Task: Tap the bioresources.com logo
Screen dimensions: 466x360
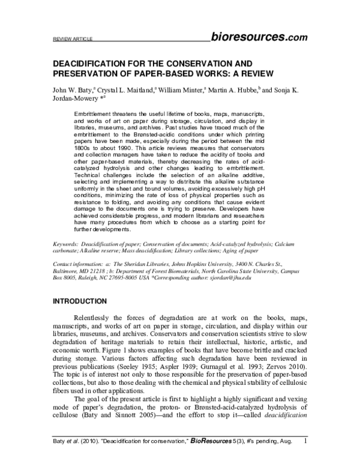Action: coord(259,36)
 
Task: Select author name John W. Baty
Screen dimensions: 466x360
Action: coord(75,91)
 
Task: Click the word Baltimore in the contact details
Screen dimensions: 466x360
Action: coord(69,271)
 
